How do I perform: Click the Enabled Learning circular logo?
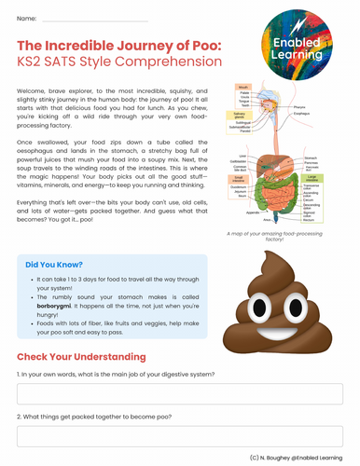[x=299, y=43]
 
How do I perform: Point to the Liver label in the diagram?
[x=242, y=156]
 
